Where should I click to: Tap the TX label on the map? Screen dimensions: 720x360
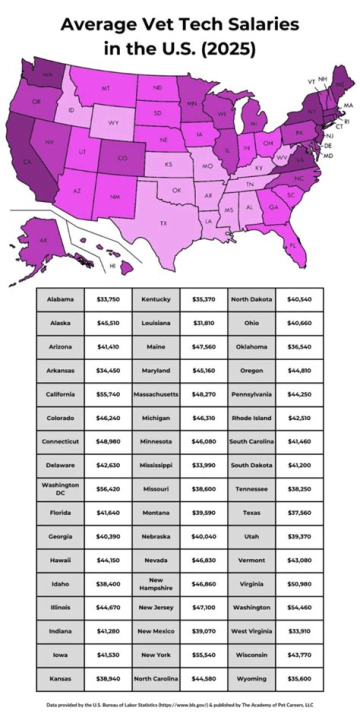[163, 223]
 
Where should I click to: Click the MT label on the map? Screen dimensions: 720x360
[105, 88]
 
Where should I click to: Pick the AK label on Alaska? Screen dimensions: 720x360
[43, 240]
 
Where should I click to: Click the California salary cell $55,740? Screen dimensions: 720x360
[108, 394]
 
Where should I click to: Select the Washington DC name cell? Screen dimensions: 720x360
[60, 489]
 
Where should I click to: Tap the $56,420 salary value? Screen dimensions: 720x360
[108, 489]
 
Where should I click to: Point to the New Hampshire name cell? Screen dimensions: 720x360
[156, 583]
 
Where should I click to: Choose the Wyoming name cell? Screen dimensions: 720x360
[251, 678]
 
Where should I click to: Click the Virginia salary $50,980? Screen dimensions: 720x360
[299, 583]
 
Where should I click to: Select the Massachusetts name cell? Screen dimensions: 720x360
[156, 394]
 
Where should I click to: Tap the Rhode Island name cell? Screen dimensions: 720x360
[251, 418]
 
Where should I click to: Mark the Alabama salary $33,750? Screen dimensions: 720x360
[108, 299]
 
